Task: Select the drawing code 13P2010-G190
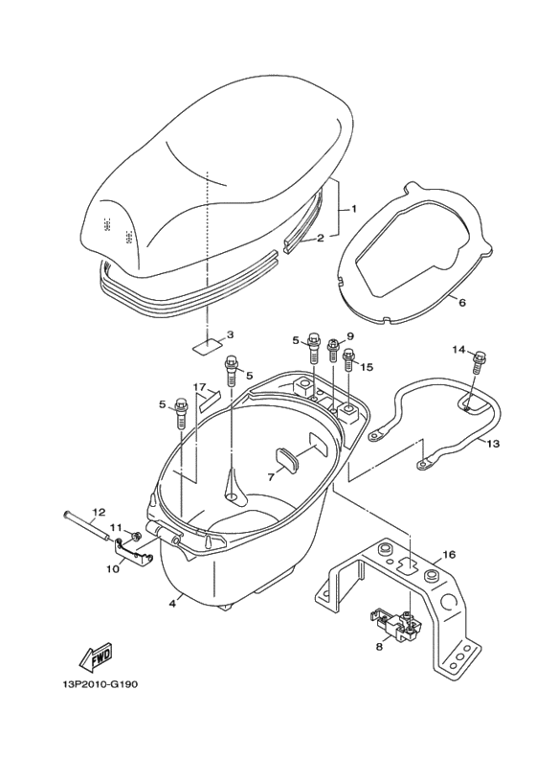100,685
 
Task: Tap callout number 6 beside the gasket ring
462,303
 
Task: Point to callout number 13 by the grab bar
493,444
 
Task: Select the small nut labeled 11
134,536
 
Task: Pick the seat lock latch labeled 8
396,626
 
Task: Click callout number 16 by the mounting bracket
449,554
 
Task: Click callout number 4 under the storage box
171,604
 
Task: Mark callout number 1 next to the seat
354,209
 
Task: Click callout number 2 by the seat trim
320,238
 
